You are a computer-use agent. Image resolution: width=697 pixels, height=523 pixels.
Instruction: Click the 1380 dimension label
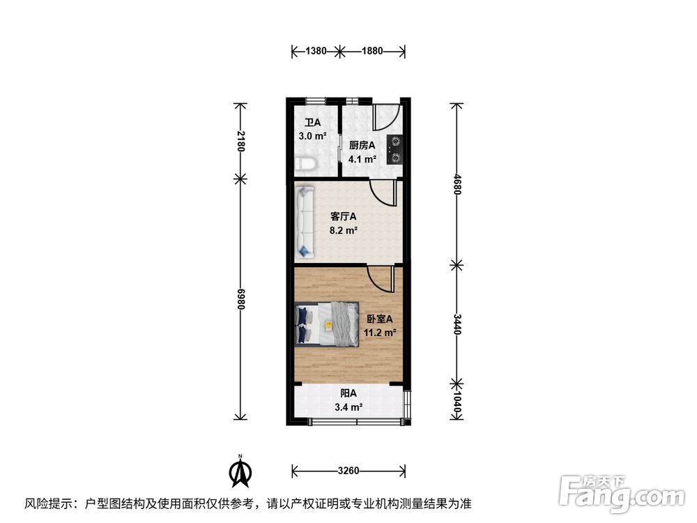(316, 51)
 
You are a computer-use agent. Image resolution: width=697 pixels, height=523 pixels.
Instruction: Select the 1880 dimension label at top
(372, 51)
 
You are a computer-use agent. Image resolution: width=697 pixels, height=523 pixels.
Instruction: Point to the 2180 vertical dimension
(240, 141)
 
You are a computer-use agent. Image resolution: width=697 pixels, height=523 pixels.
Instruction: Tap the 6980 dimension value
(240, 299)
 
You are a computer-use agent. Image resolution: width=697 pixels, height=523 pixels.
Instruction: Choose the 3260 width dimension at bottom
(348, 471)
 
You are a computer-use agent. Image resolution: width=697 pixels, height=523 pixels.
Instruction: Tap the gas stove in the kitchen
(395, 149)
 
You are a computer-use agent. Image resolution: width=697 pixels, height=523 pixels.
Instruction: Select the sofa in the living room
(305, 222)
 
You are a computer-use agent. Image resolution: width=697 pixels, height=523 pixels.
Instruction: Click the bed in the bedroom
(327, 324)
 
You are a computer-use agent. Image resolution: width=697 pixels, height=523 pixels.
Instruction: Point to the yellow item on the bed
(328, 325)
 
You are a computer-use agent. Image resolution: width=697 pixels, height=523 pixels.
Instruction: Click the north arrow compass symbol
(240, 472)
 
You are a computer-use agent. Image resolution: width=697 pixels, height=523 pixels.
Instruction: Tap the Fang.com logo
(622, 494)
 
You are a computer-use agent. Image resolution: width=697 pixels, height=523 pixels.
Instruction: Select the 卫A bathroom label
(312, 123)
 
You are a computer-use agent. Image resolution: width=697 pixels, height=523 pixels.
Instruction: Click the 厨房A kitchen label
(362, 146)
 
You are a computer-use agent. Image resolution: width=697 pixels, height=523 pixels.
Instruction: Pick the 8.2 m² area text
(343, 230)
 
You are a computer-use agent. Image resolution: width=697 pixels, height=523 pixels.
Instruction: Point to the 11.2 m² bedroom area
(380, 333)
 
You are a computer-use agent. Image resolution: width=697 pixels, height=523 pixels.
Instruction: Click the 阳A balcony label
(348, 393)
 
